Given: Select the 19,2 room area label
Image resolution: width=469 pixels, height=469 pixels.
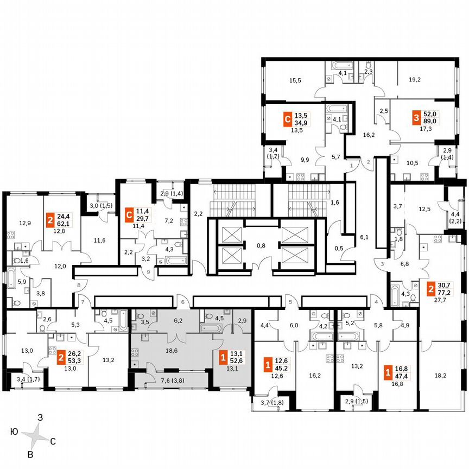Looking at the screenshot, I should tap(414, 80).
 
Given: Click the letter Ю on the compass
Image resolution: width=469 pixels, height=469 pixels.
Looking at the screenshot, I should tap(14, 432).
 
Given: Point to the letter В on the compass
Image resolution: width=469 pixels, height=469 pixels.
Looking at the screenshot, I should tap(31, 454).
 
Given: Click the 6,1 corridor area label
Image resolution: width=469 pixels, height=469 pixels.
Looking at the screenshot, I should tap(364, 237).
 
